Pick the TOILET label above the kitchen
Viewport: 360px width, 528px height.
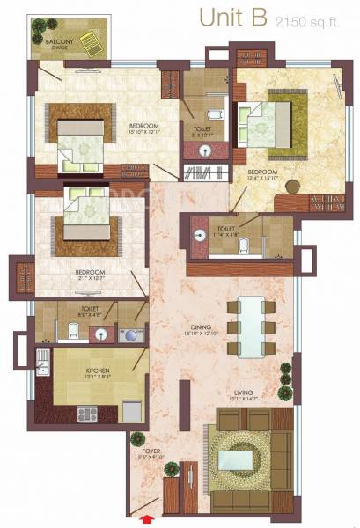(x=88, y=309)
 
